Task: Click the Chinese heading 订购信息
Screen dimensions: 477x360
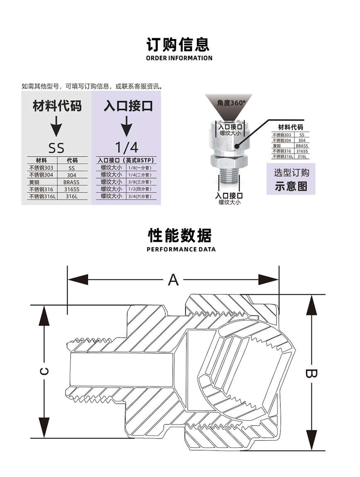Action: click(x=179, y=44)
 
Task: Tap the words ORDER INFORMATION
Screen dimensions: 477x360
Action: click(x=179, y=58)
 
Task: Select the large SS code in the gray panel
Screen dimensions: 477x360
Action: click(x=56, y=148)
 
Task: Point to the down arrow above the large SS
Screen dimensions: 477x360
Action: click(x=56, y=126)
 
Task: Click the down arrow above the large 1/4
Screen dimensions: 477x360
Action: click(x=126, y=126)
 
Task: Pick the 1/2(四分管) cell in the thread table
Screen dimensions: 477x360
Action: click(x=140, y=189)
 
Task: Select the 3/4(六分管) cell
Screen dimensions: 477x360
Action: click(x=140, y=196)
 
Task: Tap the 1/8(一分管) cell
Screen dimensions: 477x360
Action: click(x=140, y=168)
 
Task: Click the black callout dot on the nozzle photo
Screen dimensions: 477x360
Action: click(x=237, y=145)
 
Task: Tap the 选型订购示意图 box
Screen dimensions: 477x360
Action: click(x=291, y=179)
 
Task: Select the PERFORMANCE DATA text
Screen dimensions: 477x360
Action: click(x=181, y=249)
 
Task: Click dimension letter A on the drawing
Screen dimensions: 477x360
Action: click(x=173, y=280)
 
